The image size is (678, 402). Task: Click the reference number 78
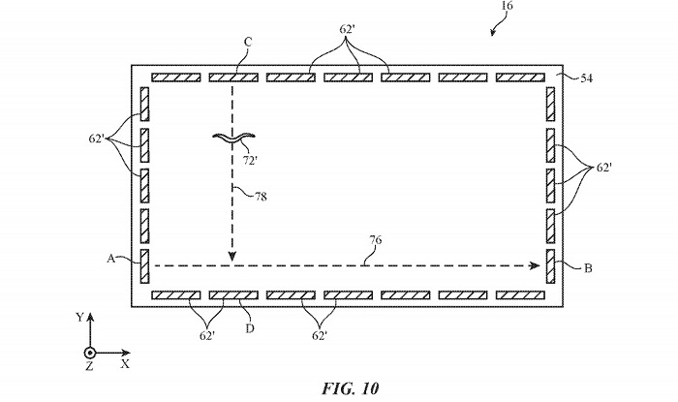(260, 196)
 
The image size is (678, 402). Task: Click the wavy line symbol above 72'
(232, 138)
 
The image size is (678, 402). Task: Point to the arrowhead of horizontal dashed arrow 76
(535, 263)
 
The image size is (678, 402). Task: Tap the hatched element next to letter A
(145, 264)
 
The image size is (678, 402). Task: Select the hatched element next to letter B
(549, 264)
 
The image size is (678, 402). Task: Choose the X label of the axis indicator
(125, 365)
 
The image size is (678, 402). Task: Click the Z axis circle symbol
(89, 353)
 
